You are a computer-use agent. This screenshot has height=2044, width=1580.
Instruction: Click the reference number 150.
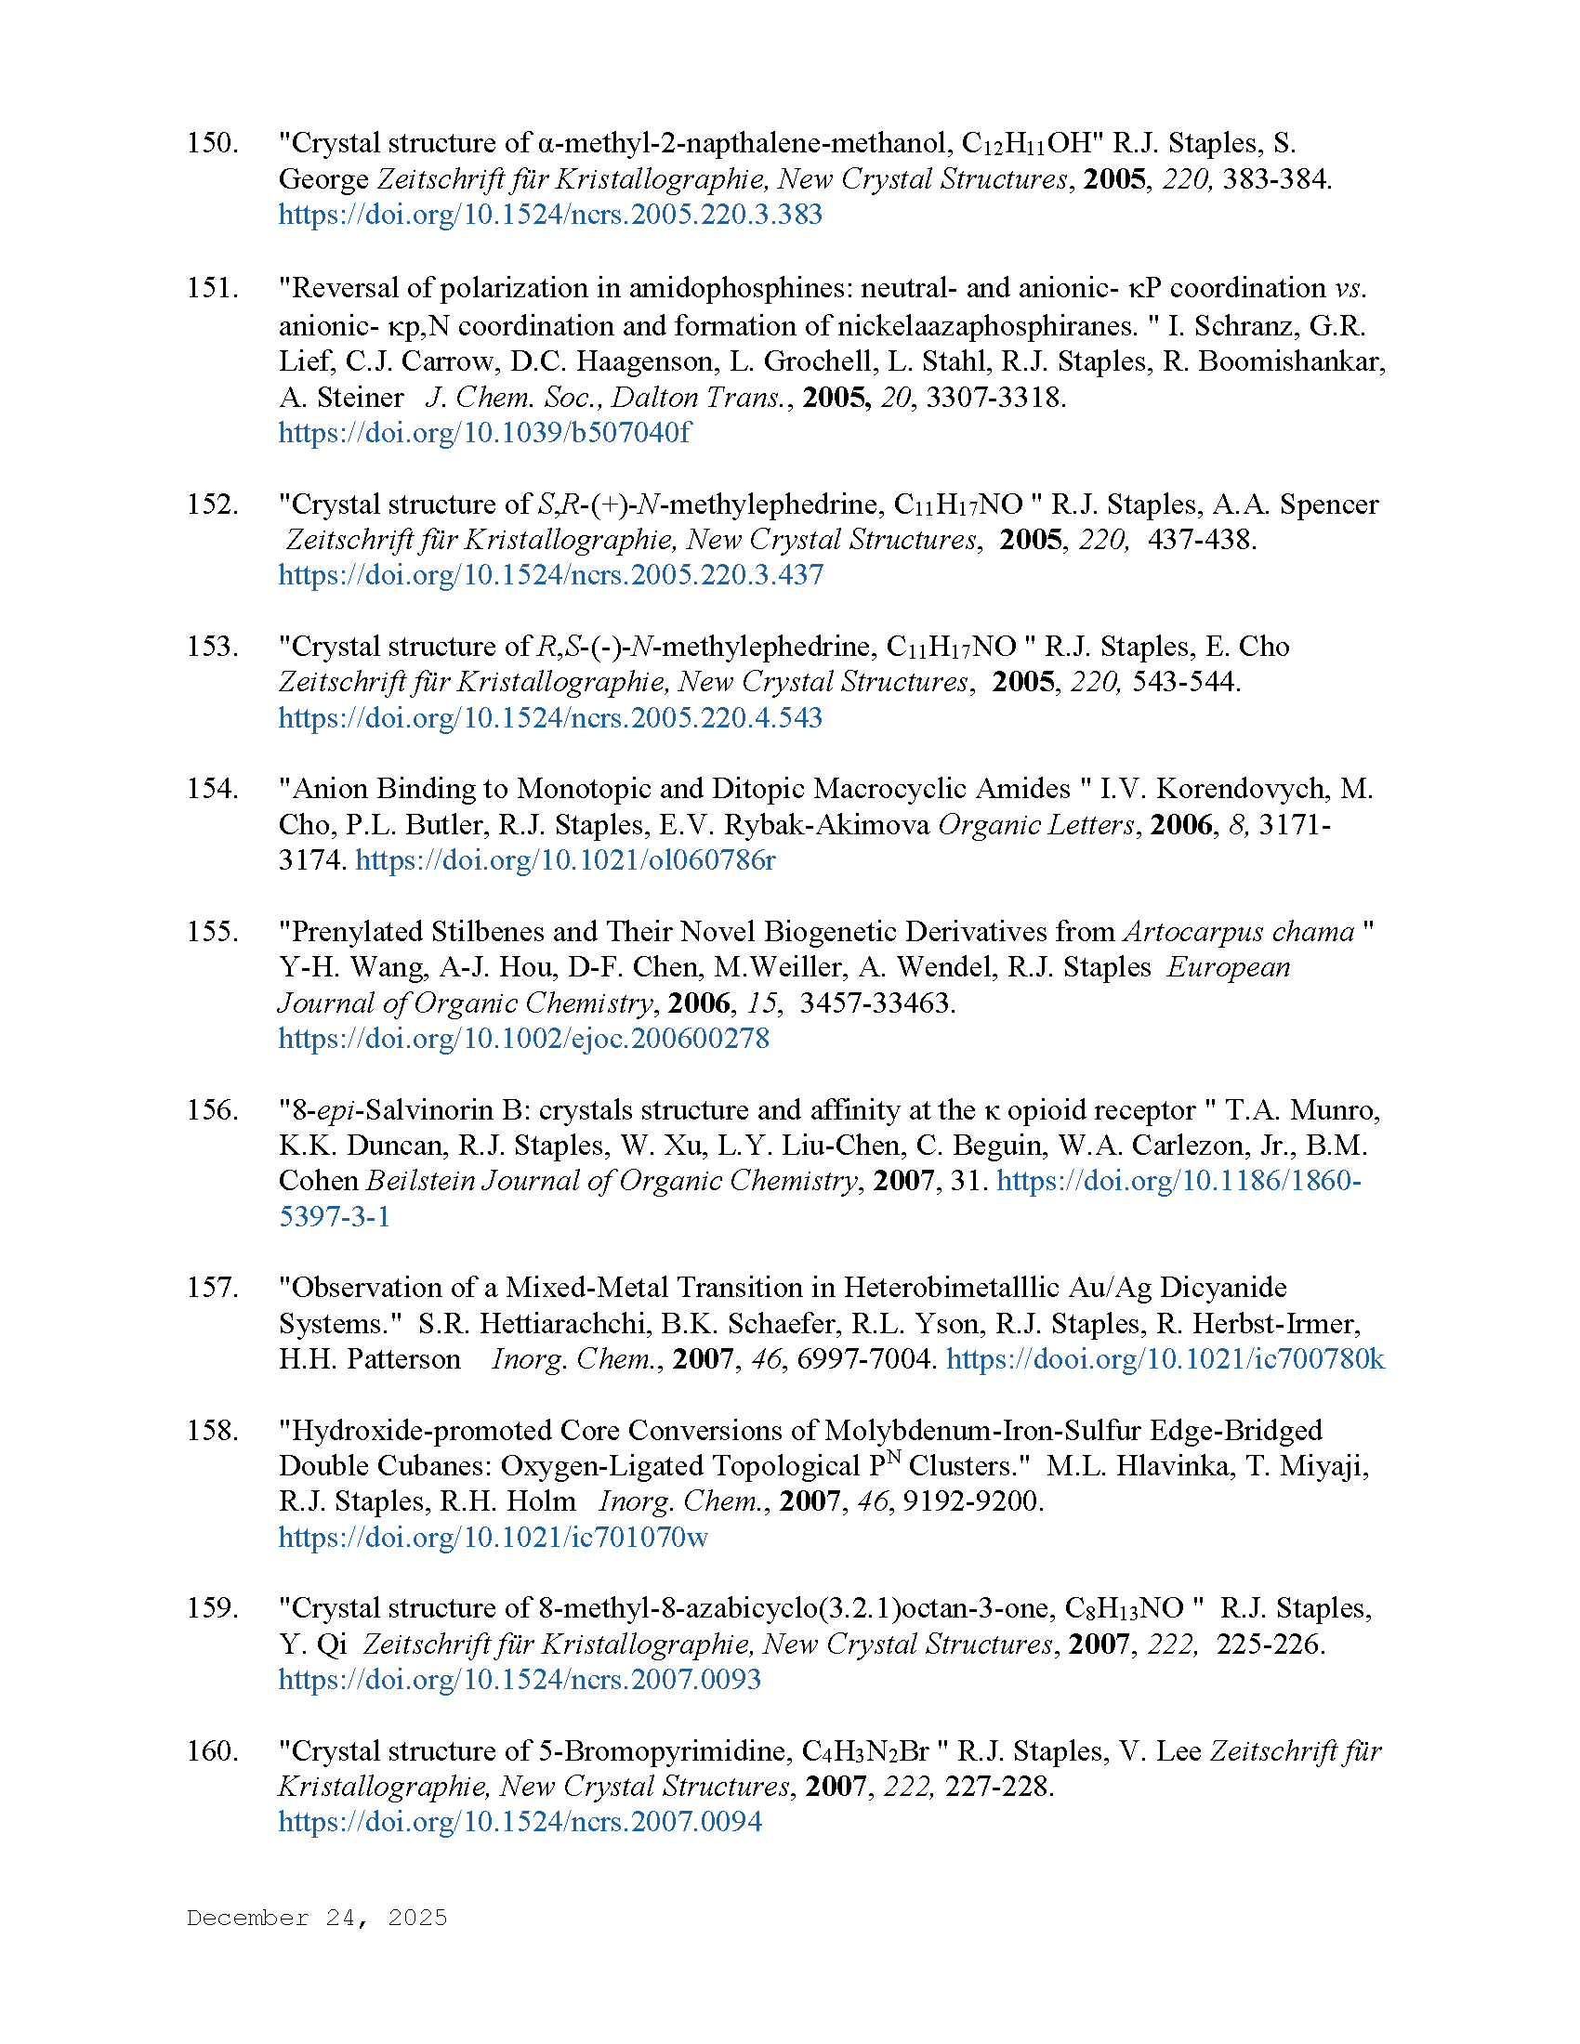pyautogui.click(x=212, y=143)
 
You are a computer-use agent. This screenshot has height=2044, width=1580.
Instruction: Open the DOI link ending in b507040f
pyautogui.click(x=484, y=432)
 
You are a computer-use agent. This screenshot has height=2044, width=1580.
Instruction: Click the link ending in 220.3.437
pyautogui.click(x=550, y=574)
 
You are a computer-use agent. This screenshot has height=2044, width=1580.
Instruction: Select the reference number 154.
pyautogui.click(x=212, y=789)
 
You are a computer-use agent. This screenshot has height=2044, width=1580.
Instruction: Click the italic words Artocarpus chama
pyautogui.click(x=1239, y=931)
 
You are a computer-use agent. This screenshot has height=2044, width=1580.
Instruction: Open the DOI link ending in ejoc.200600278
pyautogui.click(x=523, y=1038)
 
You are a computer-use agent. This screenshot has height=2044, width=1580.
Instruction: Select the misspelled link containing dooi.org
pyautogui.click(x=1165, y=1359)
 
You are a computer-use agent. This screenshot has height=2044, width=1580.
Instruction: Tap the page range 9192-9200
pyautogui.click(x=971, y=1501)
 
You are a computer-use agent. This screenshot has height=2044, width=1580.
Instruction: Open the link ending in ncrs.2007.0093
pyautogui.click(x=520, y=1679)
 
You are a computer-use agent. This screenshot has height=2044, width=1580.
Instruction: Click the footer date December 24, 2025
pyautogui.click(x=316, y=1918)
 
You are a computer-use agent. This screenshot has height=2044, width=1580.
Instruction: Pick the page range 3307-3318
pyautogui.click(x=995, y=397)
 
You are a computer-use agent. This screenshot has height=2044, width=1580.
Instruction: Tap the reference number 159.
pyautogui.click(x=212, y=1608)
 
